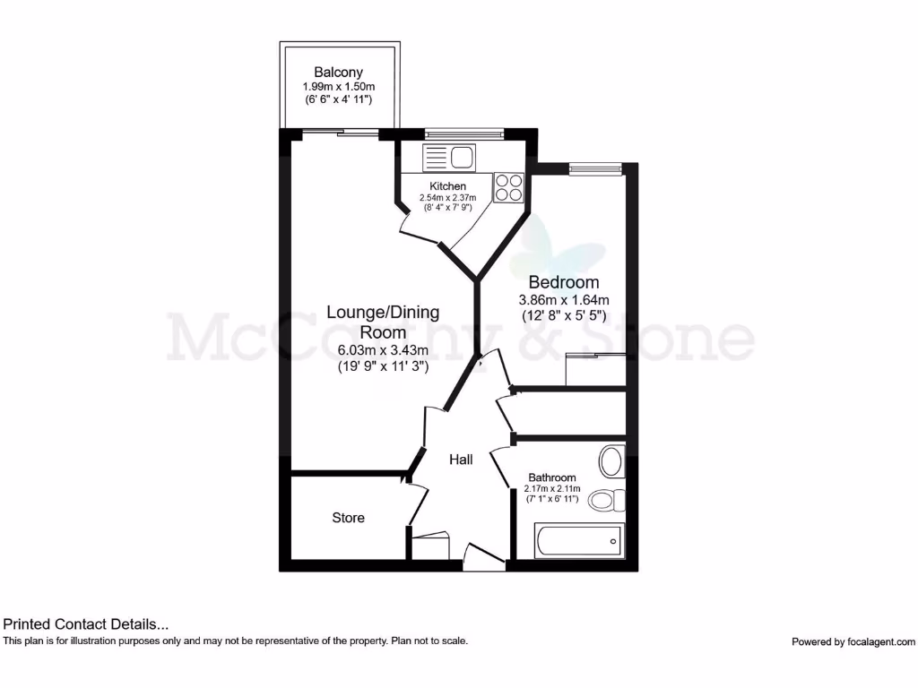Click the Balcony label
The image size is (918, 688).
click(339, 73)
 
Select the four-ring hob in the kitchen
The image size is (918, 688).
click(509, 186)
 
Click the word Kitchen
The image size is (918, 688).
click(448, 186)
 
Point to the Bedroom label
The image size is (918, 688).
click(564, 282)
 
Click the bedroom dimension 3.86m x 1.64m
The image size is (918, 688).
click(565, 300)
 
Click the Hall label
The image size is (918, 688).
click(461, 460)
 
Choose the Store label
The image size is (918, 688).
click(348, 518)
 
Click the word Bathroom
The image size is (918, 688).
click(552, 477)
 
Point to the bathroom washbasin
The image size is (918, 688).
click(611, 461)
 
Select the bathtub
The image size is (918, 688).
click(578, 540)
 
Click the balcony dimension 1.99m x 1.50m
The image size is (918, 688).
click(339, 87)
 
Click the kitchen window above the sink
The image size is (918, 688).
click(464, 133)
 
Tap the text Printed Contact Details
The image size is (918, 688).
click(86, 624)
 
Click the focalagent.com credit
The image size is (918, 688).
click(853, 641)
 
